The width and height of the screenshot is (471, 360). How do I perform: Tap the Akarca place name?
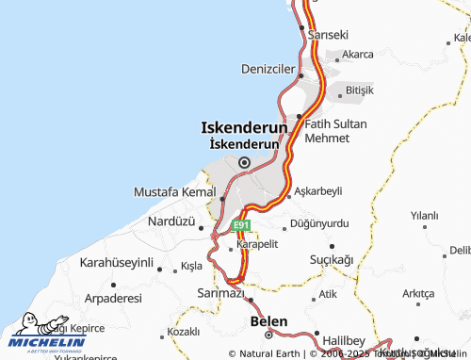358,55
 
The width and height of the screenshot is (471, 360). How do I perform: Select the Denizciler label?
268,69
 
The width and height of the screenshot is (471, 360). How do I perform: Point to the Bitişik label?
360,90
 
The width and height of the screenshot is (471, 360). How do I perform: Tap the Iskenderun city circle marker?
244,162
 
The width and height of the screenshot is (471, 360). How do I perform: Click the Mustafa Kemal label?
175,191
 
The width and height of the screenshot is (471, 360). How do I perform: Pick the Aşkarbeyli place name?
318,190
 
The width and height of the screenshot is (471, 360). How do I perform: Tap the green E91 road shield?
241,226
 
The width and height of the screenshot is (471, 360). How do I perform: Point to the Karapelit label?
257,244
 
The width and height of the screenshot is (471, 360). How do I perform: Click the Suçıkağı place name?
332,258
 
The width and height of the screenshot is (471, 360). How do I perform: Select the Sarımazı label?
220,294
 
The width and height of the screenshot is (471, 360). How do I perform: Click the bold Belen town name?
268,321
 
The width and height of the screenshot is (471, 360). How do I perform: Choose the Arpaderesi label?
113,297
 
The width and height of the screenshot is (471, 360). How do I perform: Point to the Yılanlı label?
425,216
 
